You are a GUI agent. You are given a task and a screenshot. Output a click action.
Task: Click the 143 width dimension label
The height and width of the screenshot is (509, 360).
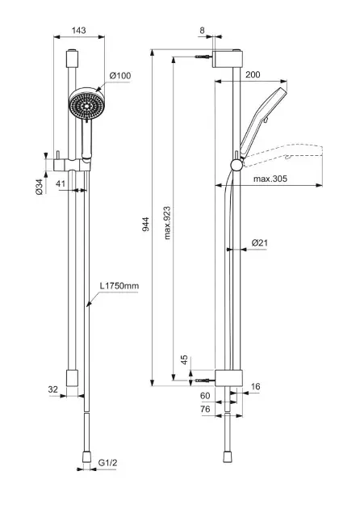point(79,30)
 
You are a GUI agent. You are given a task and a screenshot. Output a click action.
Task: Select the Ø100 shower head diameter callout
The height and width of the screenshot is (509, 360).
point(120,76)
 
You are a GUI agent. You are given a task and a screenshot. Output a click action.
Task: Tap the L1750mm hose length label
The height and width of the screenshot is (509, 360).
point(119,286)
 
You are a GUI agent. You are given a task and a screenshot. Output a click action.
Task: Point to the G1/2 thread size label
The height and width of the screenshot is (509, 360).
point(107,463)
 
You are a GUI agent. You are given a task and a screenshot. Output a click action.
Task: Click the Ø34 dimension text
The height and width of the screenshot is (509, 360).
point(40,187)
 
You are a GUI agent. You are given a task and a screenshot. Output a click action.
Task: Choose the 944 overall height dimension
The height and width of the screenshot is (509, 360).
point(146,224)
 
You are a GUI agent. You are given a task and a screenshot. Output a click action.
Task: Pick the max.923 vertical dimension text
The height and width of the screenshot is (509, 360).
point(167,223)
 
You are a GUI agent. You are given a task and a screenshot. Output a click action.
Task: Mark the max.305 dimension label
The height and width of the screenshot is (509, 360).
point(270,179)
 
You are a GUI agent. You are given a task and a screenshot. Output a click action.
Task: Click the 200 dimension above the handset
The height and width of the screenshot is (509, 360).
point(253,74)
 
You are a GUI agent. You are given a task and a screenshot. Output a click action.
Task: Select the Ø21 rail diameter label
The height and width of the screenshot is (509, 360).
point(260,242)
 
